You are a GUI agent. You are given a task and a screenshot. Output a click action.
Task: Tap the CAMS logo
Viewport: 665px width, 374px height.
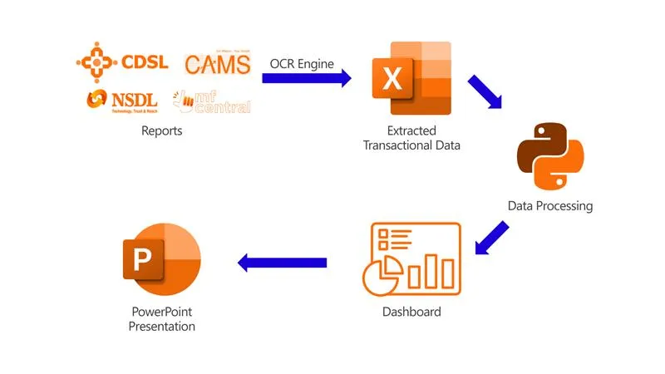point(217,63)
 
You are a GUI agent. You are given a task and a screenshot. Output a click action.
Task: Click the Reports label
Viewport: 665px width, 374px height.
point(161,130)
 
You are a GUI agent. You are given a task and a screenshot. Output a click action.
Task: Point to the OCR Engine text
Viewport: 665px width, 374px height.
point(302,63)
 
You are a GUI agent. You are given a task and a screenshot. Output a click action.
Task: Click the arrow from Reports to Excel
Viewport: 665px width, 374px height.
point(306,79)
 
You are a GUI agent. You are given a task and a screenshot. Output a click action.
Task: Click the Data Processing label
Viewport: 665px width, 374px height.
point(550,205)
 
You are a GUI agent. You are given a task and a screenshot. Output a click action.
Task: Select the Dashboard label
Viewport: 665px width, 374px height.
point(411,312)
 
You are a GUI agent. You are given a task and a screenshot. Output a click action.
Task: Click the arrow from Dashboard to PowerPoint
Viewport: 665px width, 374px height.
point(282,263)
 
